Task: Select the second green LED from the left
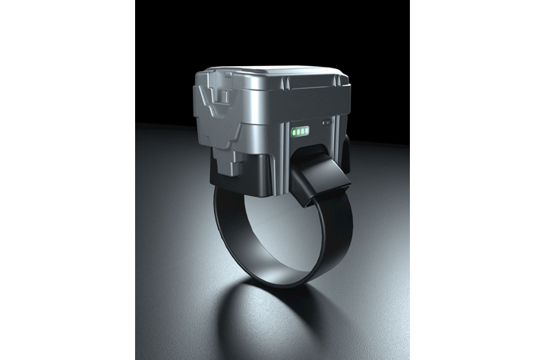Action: click(298, 131)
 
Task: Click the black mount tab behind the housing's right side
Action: click(345, 159)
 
